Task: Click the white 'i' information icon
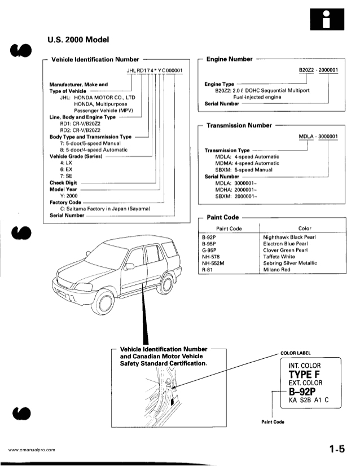click(328, 20)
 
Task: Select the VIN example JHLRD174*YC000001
click(159, 70)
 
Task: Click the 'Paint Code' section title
click(223, 217)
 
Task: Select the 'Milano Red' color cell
click(280, 270)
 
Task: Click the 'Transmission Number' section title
click(239, 125)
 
